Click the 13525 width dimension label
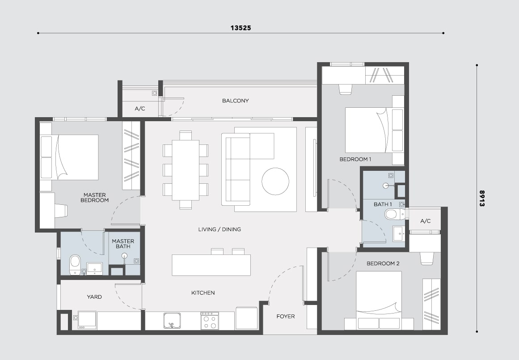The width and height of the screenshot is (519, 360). point(241,28)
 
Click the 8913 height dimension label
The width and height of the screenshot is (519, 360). point(482,199)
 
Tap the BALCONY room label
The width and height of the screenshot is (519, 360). point(235,101)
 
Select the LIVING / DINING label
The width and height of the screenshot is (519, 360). point(219,229)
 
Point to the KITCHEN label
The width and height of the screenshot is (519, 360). point(203,293)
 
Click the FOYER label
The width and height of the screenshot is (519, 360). point(286,317)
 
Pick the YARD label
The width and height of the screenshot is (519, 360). point(94,297)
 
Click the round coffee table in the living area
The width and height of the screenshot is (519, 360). point(275,182)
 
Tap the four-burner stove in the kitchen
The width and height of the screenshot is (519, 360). point(210,321)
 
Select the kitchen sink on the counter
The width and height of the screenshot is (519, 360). point(173,321)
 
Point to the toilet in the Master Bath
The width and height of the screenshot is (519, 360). point(75,265)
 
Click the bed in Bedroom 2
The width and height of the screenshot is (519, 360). point(379,301)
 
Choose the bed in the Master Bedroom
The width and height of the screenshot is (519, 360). point(69,157)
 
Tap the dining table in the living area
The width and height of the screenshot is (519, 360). point(186,170)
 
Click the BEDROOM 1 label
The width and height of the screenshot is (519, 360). point(355,159)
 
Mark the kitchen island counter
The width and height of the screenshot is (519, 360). point(211,265)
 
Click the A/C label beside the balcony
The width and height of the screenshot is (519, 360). point(139,109)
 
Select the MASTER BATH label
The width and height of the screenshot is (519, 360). point(123,244)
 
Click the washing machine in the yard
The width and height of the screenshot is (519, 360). point(87,320)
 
